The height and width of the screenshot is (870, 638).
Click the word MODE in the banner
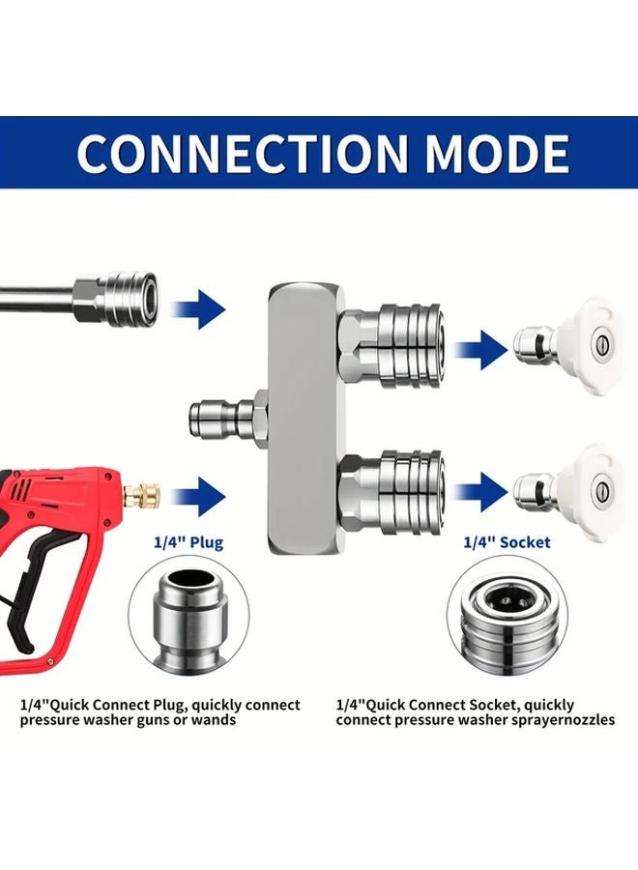(x=497, y=153)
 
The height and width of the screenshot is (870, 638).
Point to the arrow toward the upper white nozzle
(x=480, y=350)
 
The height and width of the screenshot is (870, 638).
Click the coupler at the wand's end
(x=118, y=297)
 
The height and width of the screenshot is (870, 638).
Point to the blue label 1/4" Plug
(x=188, y=542)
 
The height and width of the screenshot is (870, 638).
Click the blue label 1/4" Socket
(x=507, y=542)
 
